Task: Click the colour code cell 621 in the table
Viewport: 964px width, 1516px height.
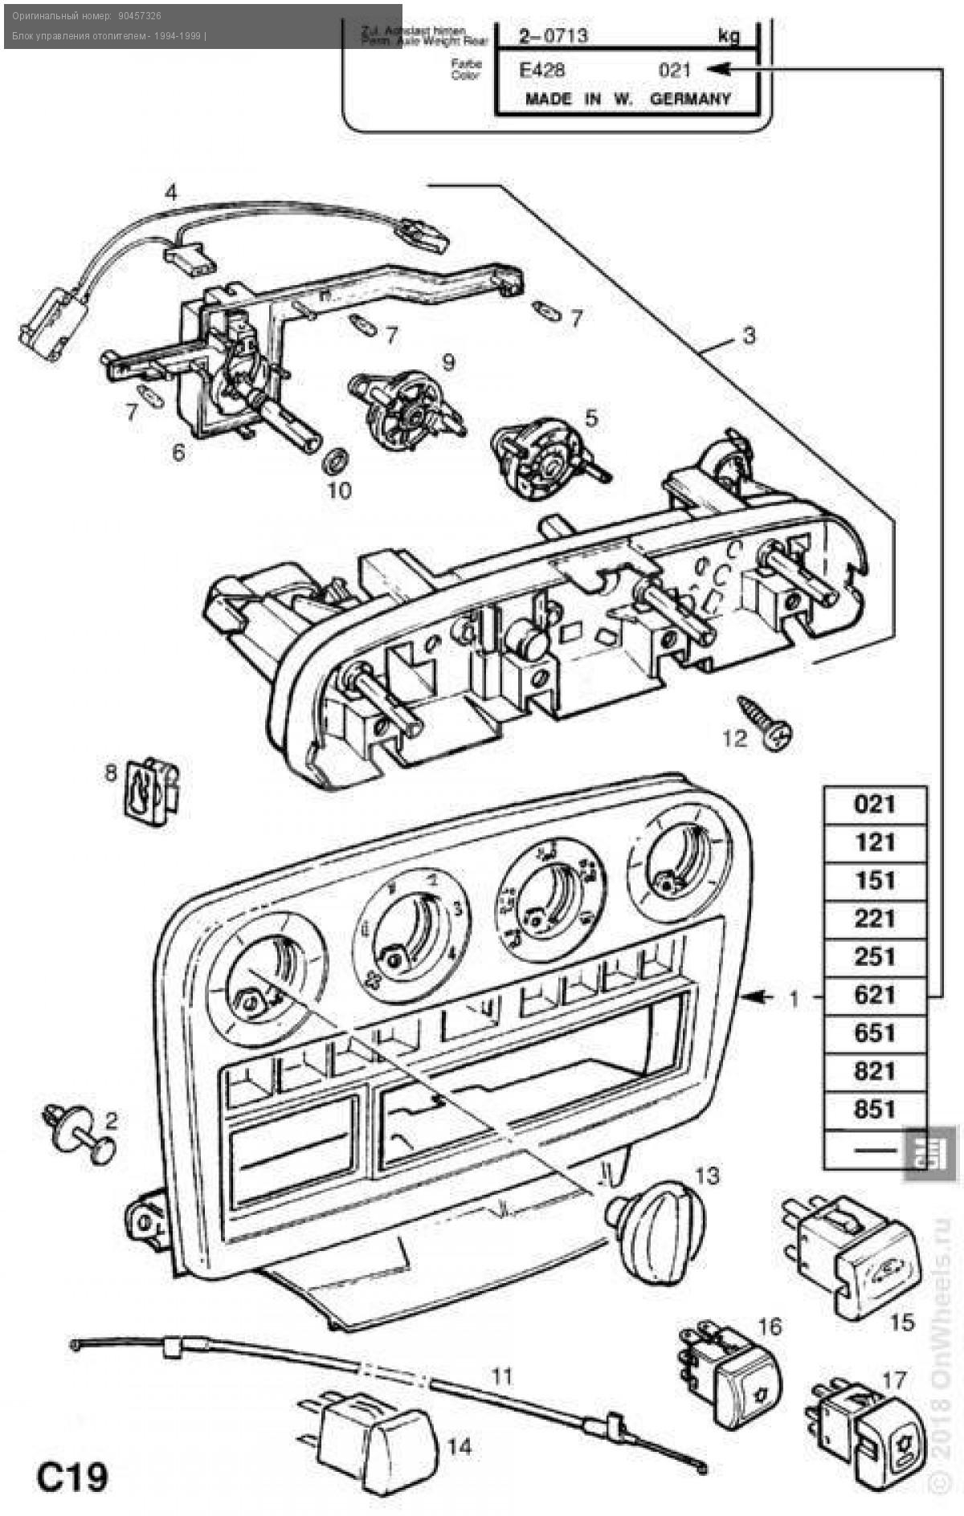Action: point(875,995)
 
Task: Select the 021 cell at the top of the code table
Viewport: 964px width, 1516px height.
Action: point(875,804)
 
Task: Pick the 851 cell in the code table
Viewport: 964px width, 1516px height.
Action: point(875,1109)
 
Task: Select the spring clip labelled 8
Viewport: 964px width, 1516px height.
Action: point(151,791)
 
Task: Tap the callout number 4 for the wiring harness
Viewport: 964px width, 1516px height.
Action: point(171,193)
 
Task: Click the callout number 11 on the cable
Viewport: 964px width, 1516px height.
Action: point(501,1377)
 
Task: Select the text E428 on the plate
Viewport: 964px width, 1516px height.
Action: point(542,71)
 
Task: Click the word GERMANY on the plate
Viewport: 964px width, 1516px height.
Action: point(690,100)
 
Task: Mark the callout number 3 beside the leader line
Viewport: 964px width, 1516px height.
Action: point(749,334)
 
